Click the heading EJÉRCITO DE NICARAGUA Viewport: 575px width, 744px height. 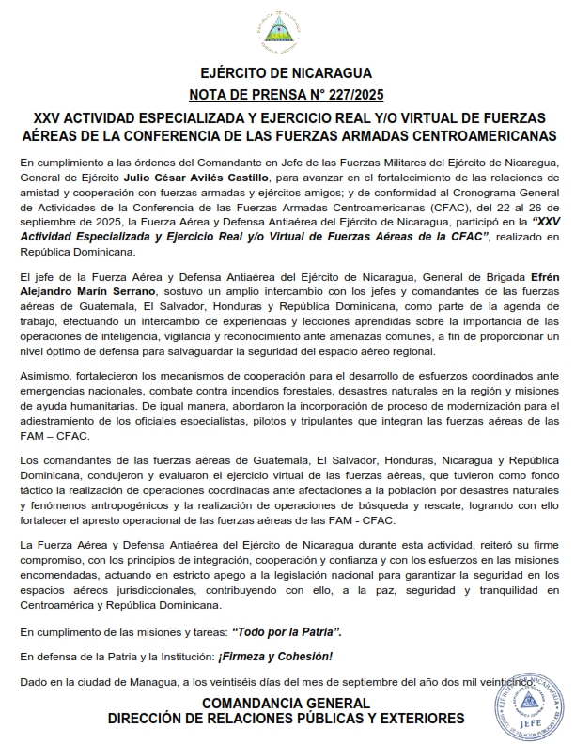(x=287, y=73)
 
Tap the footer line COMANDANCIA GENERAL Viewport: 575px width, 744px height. (x=287, y=703)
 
